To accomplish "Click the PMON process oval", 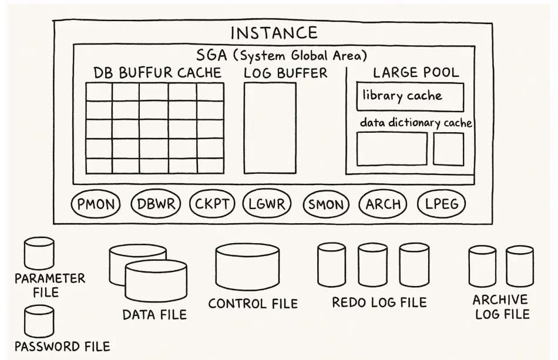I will pyautogui.click(x=95, y=204).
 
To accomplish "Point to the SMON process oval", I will pyautogui.click(x=326, y=204).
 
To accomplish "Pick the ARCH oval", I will pyautogui.click(x=383, y=204).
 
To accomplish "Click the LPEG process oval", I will pyautogui.click(x=441, y=204).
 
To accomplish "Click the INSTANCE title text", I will pyautogui.click(x=274, y=33).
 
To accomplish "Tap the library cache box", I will pyautogui.click(x=409, y=96).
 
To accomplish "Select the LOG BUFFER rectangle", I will pyautogui.click(x=270, y=128).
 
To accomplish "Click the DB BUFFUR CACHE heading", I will pyautogui.click(x=157, y=73).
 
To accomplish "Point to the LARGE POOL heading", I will pyautogui.click(x=416, y=73).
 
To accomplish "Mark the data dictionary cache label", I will pyautogui.click(x=416, y=123).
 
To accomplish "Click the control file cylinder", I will pyautogui.click(x=247, y=267).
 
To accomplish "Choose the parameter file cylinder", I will pyautogui.click(x=39, y=253).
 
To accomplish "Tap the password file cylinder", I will pyautogui.click(x=39, y=321).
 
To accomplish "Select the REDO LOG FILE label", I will pyautogui.click(x=379, y=302).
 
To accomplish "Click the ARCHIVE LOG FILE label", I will pyautogui.click(x=500, y=307).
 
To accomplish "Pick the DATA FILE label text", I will pyautogui.click(x=154, y=314).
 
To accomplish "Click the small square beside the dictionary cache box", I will pyautogui.click(x=448, y=149).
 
